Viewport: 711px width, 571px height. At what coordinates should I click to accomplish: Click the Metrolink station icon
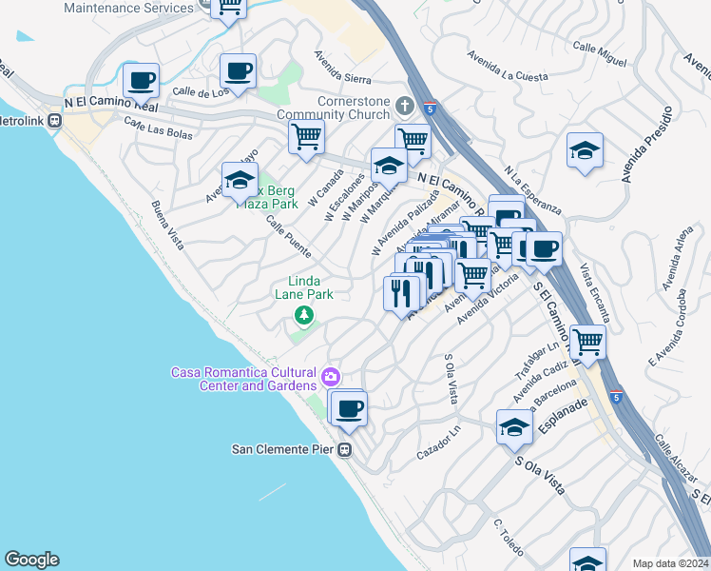click(x=55, y=121)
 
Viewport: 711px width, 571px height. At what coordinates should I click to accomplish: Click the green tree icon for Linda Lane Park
click(x=303, y=315)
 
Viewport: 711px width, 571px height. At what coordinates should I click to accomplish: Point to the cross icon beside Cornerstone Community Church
click(x=404, y=105)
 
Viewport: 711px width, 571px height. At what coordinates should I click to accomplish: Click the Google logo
click(x=31, y=560)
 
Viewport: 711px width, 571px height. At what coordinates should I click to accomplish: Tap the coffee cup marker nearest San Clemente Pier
click(x=350, y=408)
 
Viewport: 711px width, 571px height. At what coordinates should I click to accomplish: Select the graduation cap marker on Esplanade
click(x=514, y=427)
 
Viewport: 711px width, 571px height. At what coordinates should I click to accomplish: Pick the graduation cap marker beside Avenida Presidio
click(x=585, y=150)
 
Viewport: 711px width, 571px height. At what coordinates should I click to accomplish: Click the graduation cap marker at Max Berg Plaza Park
click(x=240, y=179)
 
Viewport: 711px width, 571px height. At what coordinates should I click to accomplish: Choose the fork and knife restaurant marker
click(x=401, y=292)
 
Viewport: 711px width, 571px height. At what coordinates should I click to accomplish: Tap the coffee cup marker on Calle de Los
click(x=238, y=70)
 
